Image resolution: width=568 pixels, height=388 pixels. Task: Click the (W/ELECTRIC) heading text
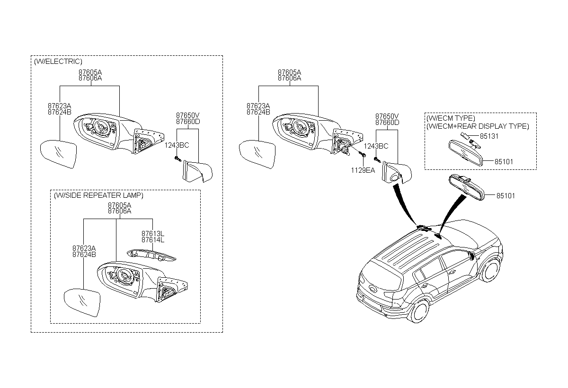[58, 62]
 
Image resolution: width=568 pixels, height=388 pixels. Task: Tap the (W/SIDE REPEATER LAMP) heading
[98, 195]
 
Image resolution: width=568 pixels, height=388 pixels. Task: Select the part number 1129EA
[363, 170]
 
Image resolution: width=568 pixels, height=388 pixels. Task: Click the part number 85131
[489, 136]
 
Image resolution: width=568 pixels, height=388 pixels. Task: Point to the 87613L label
[153, 233]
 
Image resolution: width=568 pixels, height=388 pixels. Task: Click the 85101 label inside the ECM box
[504, 162]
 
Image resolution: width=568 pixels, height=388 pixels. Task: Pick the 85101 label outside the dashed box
[506, 196]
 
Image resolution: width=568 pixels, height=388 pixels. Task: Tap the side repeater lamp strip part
[151, 255]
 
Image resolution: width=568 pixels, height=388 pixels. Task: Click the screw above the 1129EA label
[362, 154]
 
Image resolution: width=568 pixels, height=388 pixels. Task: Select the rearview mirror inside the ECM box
[466, 153]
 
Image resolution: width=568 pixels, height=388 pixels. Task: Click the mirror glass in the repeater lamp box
[82, 302]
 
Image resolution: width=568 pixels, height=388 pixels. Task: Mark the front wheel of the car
[491, 270]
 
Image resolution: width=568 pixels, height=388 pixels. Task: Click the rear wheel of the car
[420, 310]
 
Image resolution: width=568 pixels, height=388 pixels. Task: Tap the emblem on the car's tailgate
[373, 288]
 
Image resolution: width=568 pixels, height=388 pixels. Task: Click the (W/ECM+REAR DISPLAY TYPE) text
[478, 126]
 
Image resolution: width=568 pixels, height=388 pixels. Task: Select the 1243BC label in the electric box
[177, 145]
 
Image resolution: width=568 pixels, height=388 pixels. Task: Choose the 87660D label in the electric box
[188, 122]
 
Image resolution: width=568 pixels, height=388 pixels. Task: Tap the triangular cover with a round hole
[396, 172]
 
